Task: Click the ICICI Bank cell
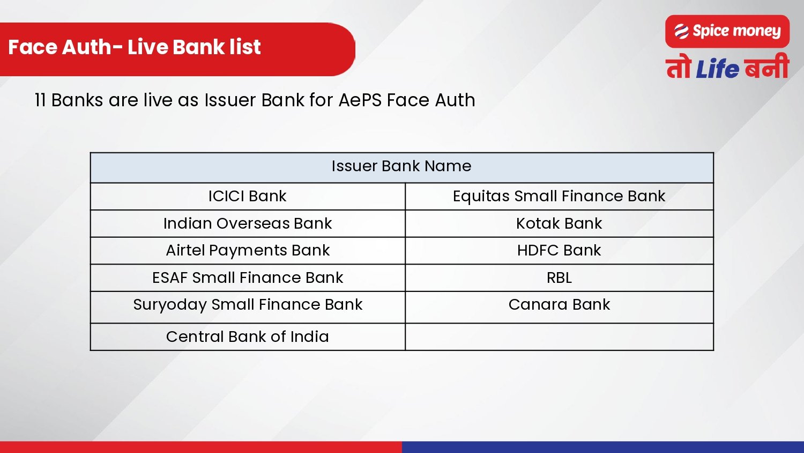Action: pos(247,196)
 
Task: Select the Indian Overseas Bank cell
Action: pos(247,223)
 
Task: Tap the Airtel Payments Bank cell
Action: pos(247,251)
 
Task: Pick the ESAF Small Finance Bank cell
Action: pos(247,277)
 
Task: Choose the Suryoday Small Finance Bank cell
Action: pos(247,305)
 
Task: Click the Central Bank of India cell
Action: pos(247,337)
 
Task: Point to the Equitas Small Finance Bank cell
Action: pos(559,196)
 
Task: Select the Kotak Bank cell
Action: pos(559,223)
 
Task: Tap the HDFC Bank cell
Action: pos(559,251)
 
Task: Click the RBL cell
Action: pos(559,277)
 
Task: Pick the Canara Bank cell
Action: pos(559,305)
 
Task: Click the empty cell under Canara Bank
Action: pos(559,337)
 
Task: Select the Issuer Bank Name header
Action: pos(401,166)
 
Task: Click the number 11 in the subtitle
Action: pos(40,100)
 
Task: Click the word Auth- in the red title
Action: pos(92,47)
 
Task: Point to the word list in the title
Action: pos(245,47)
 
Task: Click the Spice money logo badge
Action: pos(727,32)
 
